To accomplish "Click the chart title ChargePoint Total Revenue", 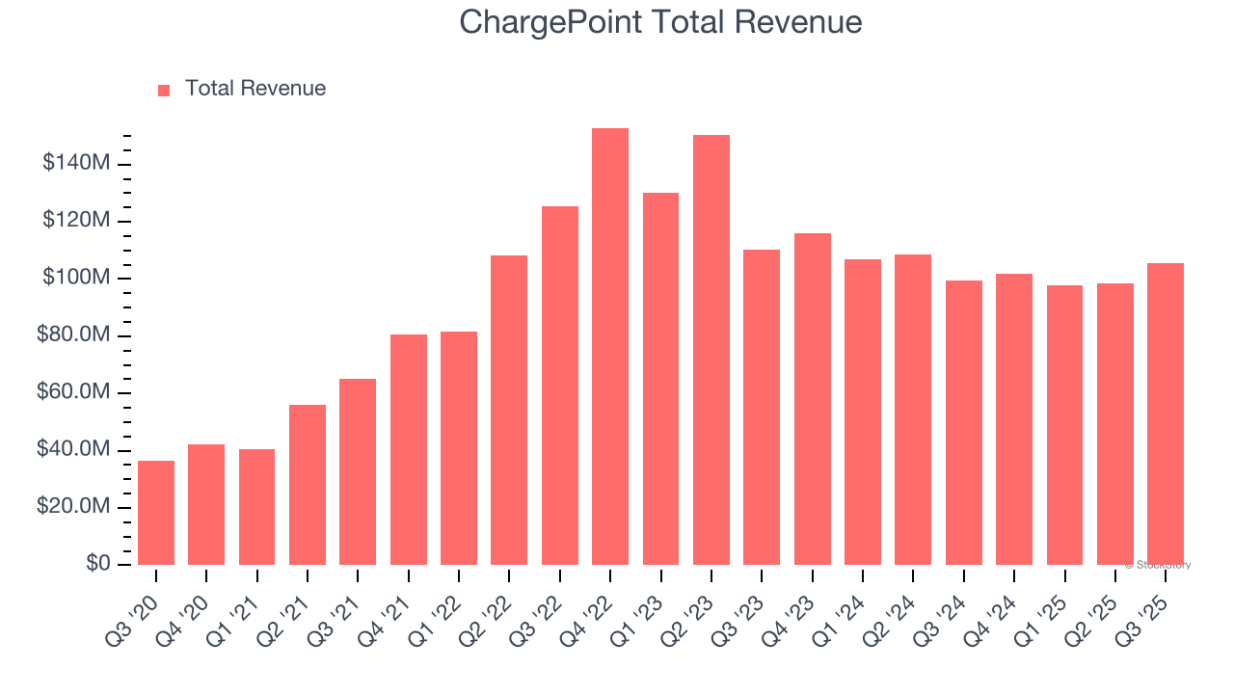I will point(660,22).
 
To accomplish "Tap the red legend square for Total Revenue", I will point(164,90).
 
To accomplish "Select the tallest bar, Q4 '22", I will point(610,347).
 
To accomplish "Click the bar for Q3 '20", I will point(156,513).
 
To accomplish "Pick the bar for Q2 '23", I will point(711,350).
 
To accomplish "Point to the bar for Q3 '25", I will point(1166,414).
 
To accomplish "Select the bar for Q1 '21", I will point(257,507).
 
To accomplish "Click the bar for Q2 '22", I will point(509,411).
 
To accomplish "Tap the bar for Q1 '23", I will point(660,379).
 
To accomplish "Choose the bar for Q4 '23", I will point(812,399).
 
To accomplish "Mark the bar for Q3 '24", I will point(964,423).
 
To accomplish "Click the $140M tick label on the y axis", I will point(76,164).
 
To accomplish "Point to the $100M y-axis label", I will point(76,279).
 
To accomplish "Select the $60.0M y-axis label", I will point(72,393).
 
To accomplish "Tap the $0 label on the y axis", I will point(97,564).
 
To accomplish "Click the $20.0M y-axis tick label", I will point(72,507).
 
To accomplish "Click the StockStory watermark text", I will point(1158,565).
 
